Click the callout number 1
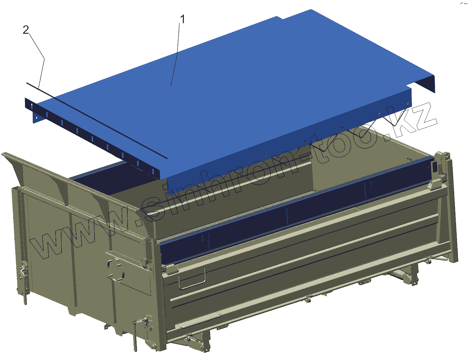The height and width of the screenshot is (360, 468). point(182,19)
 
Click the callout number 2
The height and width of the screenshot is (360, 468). point(26,30)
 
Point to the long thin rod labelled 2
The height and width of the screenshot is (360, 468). point(97,121)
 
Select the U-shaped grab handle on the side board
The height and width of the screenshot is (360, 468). point(192,279)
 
